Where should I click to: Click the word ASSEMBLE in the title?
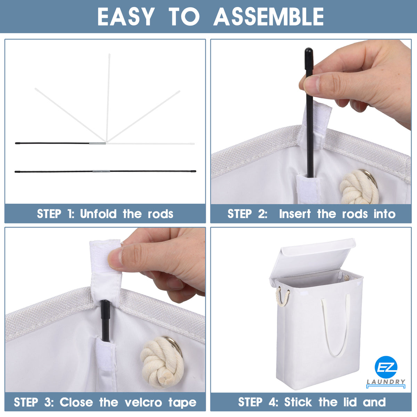pyautogui.click(x=268, y=17)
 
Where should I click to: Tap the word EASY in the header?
pyautogui.click(x=126, y=17)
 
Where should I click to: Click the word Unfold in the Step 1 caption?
pyautogui.click(x=98, y=214)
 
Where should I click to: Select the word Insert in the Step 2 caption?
pyautogui.click(x=295, y=214)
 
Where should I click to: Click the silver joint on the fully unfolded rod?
pyautogui.click(x=101, y=171)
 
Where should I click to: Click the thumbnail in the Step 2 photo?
pyautogui.click(x=312, y=84)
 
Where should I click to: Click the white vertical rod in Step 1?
pyautogui.click(x=108, y=98)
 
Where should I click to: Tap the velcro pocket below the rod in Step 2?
pyautogui.click(x=308, y=189)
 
